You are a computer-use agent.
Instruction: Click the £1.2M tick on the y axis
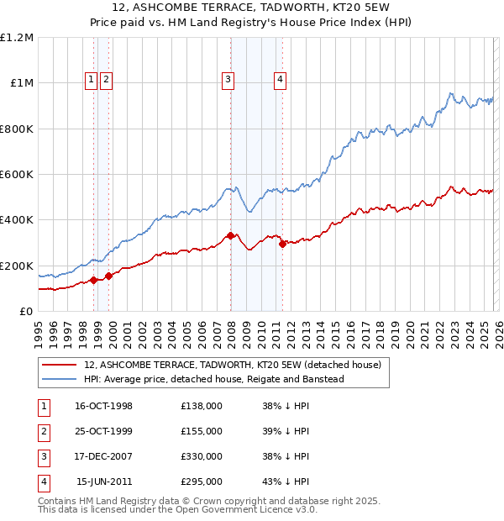[17, 38]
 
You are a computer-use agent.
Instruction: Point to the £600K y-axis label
[17, 175]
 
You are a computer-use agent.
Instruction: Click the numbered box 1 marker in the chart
[91, 80]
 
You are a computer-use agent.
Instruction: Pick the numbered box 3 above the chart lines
[228, 80]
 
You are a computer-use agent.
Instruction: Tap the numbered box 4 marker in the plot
[280, 80]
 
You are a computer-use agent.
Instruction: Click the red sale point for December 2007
[230, 236]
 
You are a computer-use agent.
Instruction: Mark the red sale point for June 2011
[282, 244]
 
